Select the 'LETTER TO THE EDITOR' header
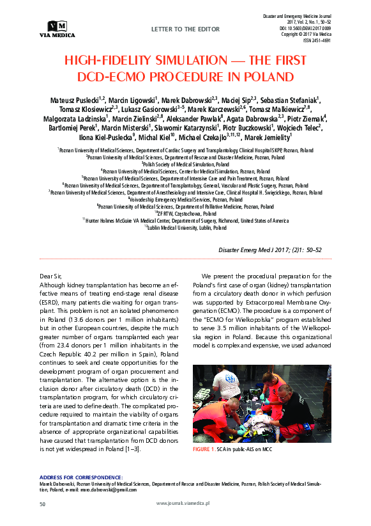pos(185,29)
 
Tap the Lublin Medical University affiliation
pos(185,228)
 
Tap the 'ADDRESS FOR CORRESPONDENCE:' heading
pos(80,477)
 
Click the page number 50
pos(43,504)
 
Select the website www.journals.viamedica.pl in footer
pos(186,504)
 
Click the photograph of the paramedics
pos(262,404)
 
